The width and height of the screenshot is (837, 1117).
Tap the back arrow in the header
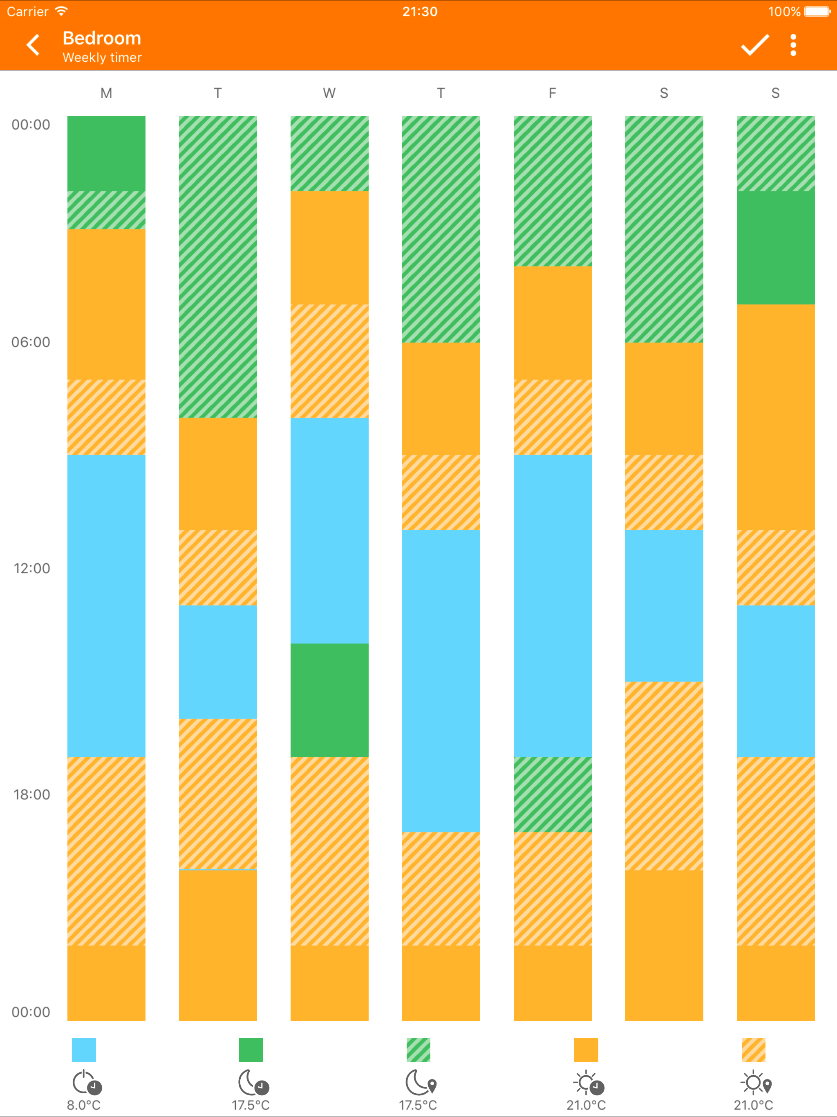(33, 45)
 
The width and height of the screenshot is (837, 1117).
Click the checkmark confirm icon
(755, 45)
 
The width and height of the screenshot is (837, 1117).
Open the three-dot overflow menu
(793, 45)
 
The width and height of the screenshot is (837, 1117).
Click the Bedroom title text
(101, 38)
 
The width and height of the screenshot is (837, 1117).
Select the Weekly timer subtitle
(102, 58)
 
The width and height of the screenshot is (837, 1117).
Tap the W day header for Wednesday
(329, 93)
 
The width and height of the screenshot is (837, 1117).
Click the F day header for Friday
(552, 93)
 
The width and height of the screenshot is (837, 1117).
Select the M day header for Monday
(106, 93)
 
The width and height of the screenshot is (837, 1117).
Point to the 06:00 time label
(31, 342)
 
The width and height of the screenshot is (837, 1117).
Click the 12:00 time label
(32, 568)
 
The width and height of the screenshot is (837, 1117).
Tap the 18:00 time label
(32, 794)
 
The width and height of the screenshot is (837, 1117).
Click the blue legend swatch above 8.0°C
(84, 1050)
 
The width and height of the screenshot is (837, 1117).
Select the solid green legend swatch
(251, 1050)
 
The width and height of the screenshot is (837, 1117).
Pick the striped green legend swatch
(418, 1050)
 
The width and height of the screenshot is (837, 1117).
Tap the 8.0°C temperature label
(84, 1105)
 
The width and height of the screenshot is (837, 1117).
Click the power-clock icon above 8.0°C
(87, 1082)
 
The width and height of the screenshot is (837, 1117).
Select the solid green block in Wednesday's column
(329, 700)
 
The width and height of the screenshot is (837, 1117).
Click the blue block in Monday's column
(106, 606)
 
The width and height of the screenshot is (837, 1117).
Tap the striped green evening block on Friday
(552, 794)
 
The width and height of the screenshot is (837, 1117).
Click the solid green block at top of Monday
(106, 153)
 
